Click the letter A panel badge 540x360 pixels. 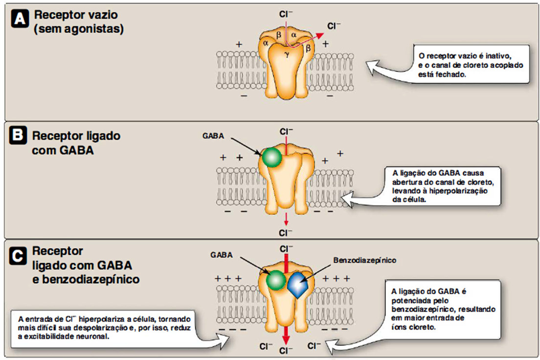click(19, 20)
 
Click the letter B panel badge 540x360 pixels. click(19, 136)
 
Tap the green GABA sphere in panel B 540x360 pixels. click(271, 158)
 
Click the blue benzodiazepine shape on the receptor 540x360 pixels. click(297, 285)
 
